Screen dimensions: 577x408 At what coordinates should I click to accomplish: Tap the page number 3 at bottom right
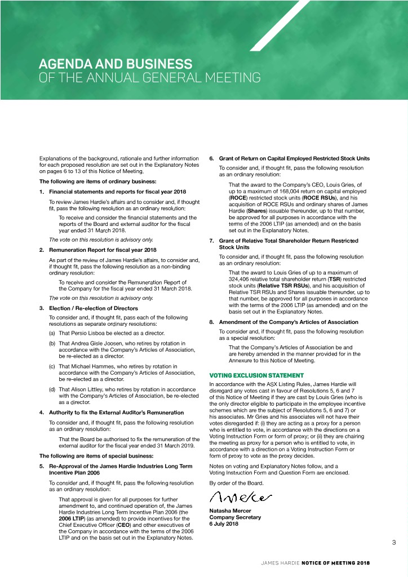(394, 543)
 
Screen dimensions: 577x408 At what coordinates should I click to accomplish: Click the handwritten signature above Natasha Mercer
(241, 498)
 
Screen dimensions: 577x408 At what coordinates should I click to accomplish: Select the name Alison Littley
(101, 389)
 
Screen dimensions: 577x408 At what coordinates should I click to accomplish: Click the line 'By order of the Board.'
(237, 483)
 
